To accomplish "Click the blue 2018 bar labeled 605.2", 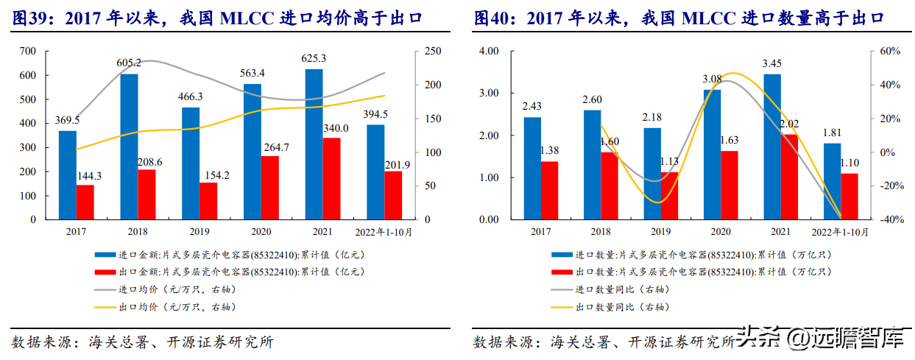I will point(129,147).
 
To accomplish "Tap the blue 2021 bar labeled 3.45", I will point(771,147).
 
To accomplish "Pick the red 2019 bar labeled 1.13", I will point(669,196).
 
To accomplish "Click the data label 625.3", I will point(314,58).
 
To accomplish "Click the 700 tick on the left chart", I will point(28,51).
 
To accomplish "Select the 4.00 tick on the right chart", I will point(489,51).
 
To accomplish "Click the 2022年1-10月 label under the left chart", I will point(384,232).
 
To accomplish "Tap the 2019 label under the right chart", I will point(660,232).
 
